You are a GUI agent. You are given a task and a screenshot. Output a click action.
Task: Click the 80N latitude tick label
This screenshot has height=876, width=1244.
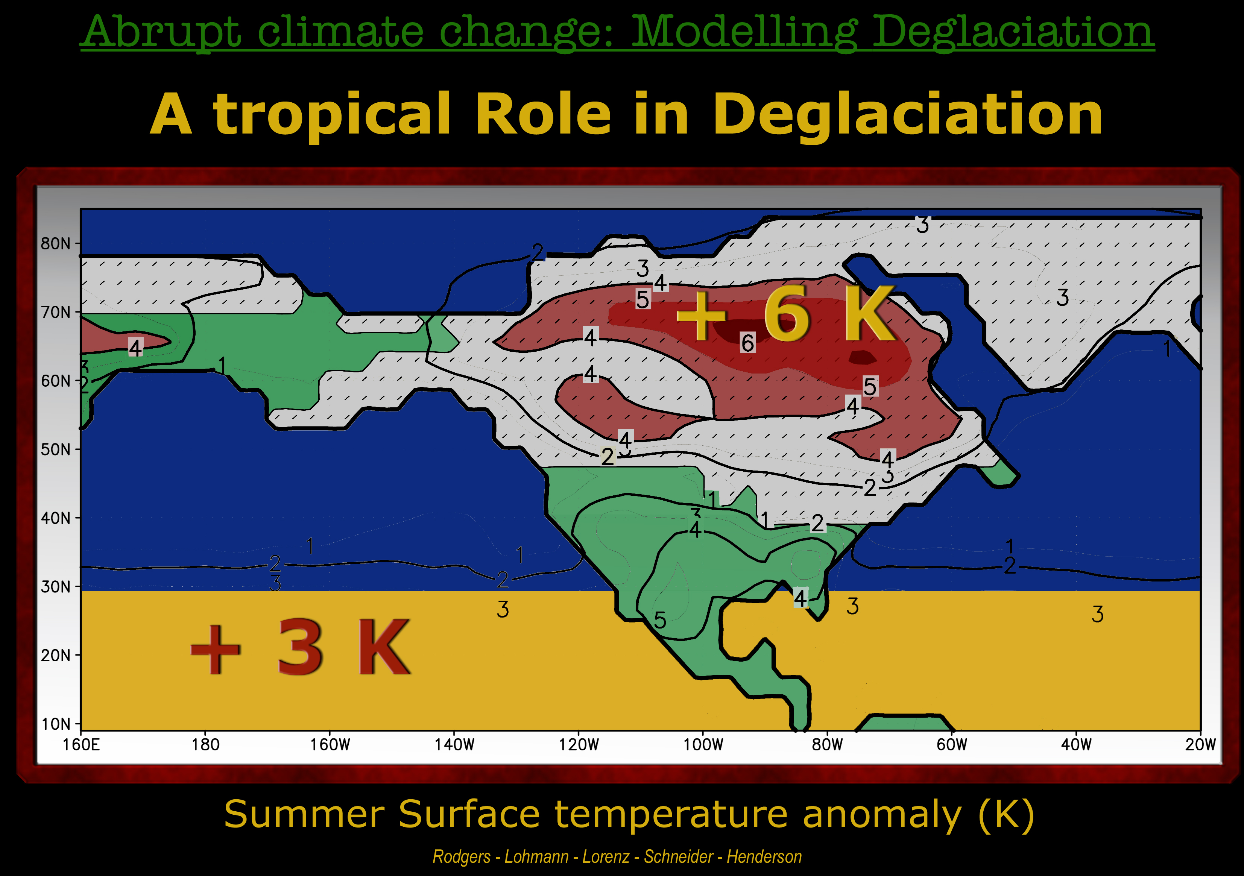coord(56,244)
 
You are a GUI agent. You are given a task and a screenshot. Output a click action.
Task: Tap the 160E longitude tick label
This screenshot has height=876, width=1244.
coord(81,745)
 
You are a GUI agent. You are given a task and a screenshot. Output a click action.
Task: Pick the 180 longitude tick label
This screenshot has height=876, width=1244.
coord(206,745)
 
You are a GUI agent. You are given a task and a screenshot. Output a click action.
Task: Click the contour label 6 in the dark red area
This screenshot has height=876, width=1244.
coord(748,343)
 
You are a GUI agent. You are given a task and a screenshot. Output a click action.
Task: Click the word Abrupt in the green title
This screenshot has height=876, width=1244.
coord(161,32)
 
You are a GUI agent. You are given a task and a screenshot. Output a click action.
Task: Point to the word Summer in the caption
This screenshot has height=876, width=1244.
coord(304,815)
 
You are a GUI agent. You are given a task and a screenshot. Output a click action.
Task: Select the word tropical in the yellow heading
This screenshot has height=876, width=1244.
coord(331,115)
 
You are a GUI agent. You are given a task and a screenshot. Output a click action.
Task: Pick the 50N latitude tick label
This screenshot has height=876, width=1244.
coord(56,449)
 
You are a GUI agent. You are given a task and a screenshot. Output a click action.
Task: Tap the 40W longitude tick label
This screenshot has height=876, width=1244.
coord(1076,745)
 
